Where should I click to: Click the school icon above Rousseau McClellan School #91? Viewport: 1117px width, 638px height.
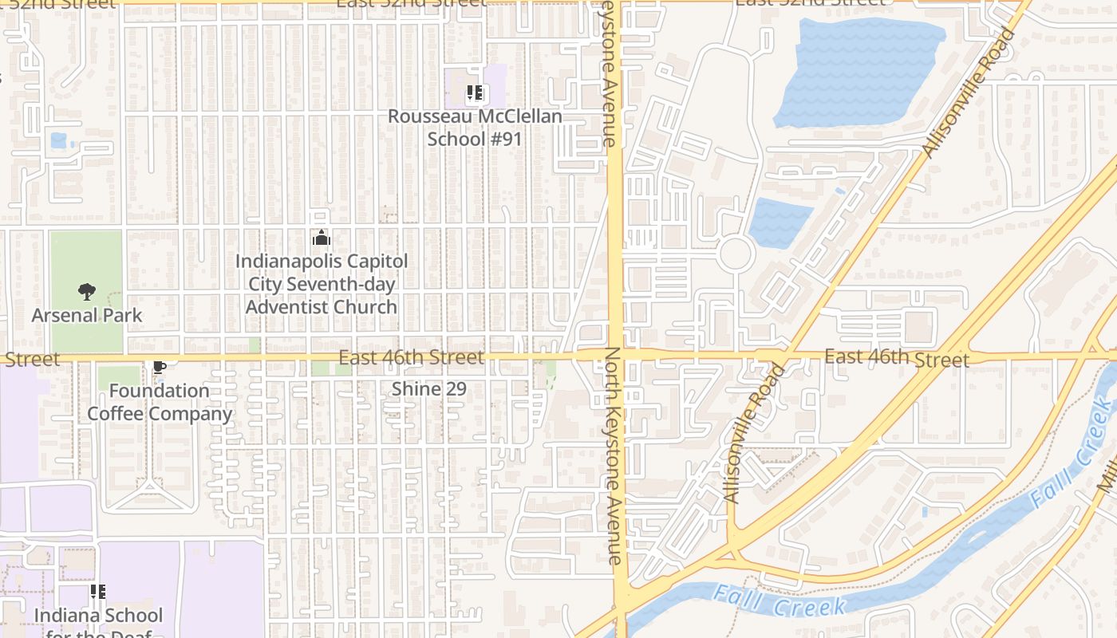476,93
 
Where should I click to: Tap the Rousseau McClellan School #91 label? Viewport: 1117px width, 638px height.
475,128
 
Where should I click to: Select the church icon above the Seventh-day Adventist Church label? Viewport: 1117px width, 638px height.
322,238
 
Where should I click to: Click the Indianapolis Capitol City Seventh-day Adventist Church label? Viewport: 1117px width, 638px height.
322,284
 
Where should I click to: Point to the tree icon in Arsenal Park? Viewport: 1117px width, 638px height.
86,292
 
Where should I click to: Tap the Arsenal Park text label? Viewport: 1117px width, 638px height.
86,315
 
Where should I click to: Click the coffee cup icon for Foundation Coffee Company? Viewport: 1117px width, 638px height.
159,367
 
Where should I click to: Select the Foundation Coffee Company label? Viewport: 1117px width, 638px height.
160,402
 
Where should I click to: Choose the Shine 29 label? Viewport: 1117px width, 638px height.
428,389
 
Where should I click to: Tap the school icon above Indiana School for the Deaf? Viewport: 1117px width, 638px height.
97,592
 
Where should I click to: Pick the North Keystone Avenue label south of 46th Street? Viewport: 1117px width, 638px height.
613,456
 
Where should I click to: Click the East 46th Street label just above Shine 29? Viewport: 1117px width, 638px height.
411,357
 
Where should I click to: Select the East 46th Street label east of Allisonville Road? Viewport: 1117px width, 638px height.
897,357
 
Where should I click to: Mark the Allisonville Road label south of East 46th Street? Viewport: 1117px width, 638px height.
753,432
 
